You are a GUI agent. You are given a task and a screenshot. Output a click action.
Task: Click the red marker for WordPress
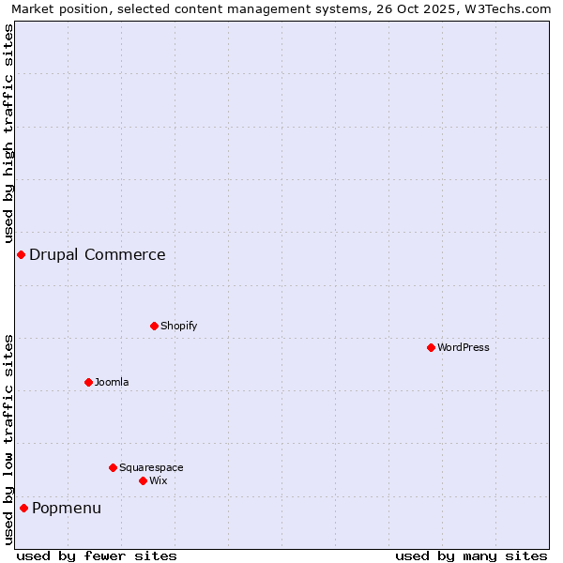coord(431,347)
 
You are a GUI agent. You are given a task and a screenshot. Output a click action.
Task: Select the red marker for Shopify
coord(154,326)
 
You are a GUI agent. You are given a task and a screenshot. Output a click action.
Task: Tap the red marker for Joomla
coord(88,382)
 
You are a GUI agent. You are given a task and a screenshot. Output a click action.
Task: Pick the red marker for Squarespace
coord(113,467)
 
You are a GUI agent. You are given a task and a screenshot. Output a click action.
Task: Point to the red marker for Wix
coord(143,480)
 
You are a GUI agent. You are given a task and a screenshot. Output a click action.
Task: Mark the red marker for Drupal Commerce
coord(21,254)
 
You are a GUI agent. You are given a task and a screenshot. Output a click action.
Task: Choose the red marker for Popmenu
coord(23,508)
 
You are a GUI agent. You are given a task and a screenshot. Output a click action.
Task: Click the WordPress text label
coord(464,347)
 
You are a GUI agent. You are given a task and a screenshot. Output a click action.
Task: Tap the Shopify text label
coord(179,326)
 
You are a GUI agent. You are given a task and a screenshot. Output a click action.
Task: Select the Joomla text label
coord(112,382)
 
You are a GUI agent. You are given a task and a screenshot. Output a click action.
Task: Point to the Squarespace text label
coord(151,467)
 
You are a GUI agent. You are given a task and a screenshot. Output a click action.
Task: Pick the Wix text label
coord(159,480)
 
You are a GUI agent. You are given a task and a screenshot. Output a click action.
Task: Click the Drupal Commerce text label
coord(98,254)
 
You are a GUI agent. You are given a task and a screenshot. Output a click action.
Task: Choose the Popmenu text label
coord(67,508)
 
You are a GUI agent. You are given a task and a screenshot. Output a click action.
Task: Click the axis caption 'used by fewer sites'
coord(97,555)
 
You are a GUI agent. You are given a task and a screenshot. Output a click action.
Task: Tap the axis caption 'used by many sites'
coord(471,555)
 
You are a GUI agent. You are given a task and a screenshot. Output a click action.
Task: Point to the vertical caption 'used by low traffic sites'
coord(8,438)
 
